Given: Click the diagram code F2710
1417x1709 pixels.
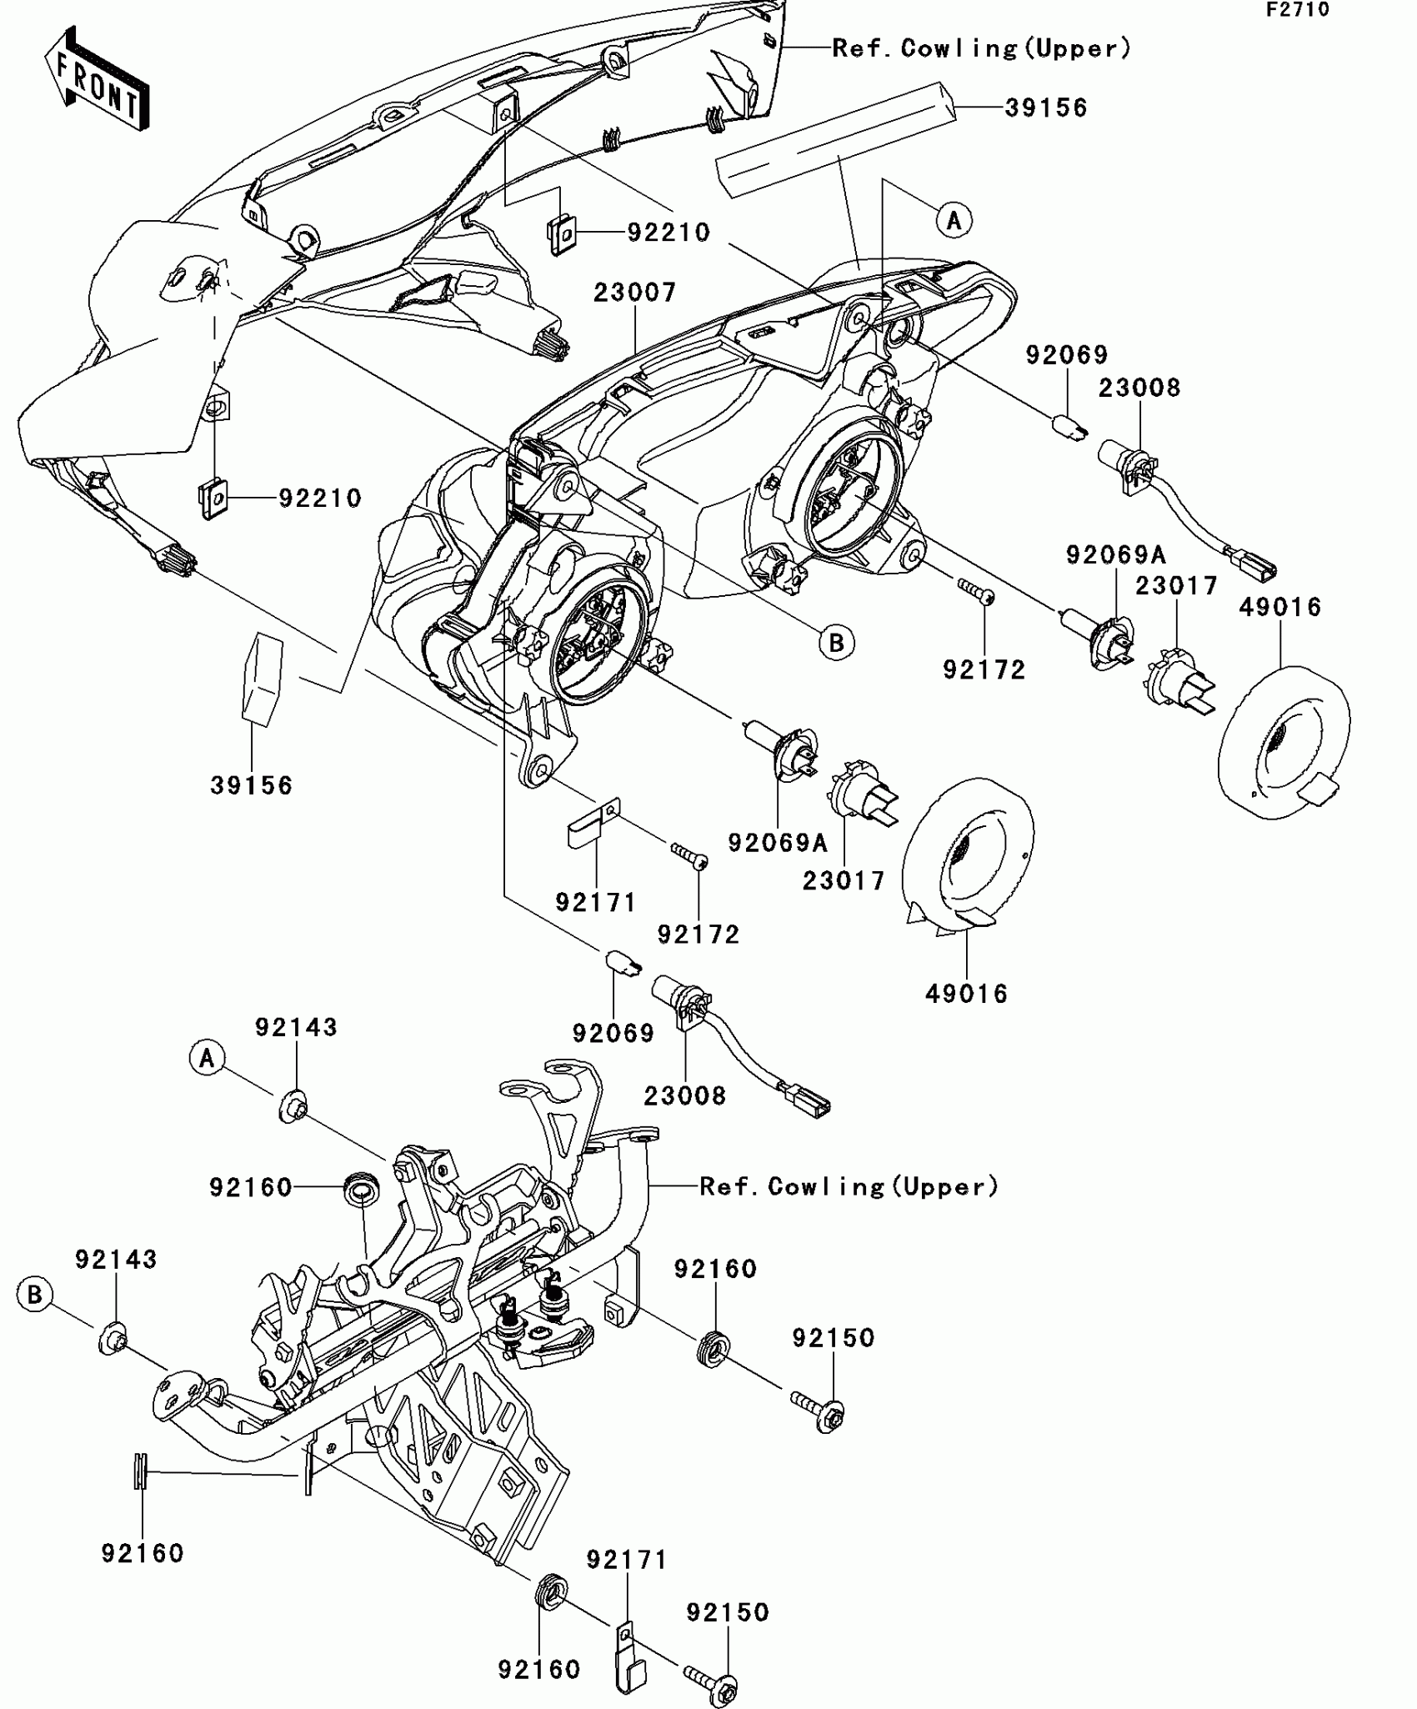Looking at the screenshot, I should [1298, 10].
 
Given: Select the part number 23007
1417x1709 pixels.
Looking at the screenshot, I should [635, 293].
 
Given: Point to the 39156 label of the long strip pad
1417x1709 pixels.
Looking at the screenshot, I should [1046, 108].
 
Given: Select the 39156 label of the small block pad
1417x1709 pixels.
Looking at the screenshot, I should [251, 785].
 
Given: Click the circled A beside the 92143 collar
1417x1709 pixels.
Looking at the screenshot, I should [207, 1059].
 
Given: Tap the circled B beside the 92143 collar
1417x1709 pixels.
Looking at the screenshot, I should [34, 1295].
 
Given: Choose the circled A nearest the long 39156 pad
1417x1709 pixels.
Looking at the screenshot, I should [954, 220].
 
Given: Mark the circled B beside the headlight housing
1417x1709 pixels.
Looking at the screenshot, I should [837, 643].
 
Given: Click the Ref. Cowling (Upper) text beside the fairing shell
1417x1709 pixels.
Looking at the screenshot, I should [982, 48].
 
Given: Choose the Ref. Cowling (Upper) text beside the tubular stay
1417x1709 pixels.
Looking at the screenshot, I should [849, 1186].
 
